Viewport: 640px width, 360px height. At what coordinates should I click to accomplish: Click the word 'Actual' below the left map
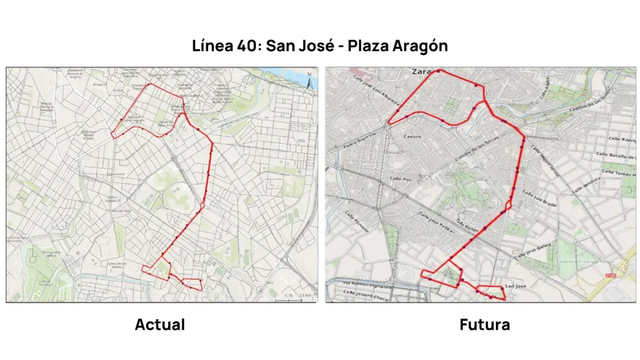click(160, 324)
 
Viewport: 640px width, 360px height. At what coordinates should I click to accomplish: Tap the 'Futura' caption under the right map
click(484, 324)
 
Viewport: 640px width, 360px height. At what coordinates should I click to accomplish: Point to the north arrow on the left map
click(310, 82)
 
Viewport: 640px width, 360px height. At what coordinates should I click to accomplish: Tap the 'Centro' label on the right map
click(412, 136)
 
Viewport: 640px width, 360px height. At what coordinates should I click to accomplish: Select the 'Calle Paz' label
click(401, 178)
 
